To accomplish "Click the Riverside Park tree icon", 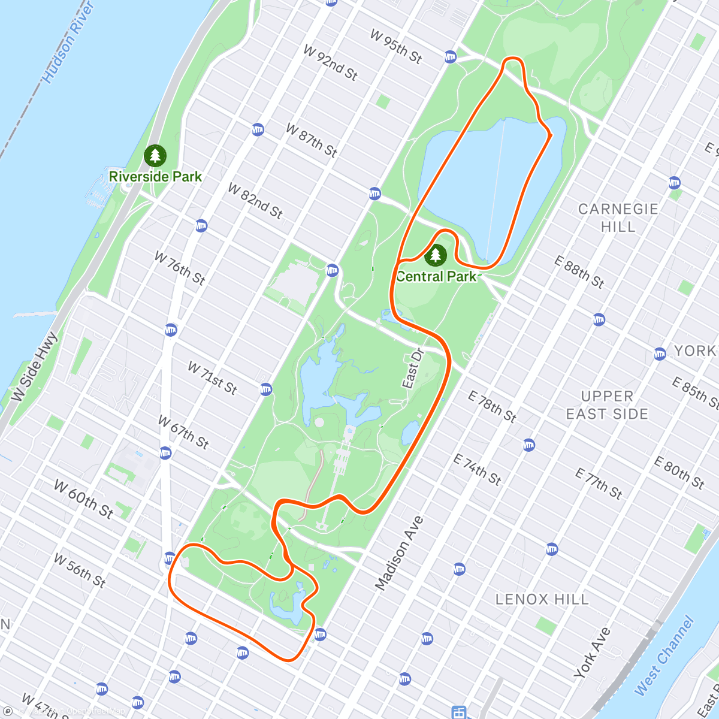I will click(x=155, y=156).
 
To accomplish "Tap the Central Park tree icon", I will click(x=436, y=255).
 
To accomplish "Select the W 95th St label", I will click(x=396, y=46).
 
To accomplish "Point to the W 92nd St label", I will click(x=330, y=62).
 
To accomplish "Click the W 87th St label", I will click(x=311, y=139).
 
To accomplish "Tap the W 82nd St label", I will click(x=255, y=200).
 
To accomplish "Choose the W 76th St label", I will click(x=180, y=267).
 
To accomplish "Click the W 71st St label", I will click(x=213, y=377).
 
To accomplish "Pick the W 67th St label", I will click(x=183, y=431).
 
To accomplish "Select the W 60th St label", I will click(x=83, y=498).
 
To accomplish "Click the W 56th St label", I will click(x=79, y=570).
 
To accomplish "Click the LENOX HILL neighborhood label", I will click(x=542, y=599).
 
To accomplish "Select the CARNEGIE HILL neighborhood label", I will click(x=618, y=217).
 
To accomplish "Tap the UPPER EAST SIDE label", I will click(x=607, y=405).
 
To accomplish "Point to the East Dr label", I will click(x=413, y=368).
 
